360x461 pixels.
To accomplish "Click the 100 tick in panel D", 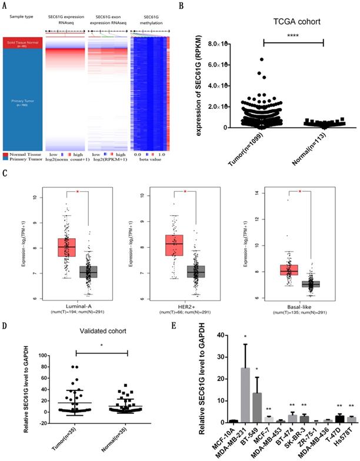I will click(39, 355).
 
